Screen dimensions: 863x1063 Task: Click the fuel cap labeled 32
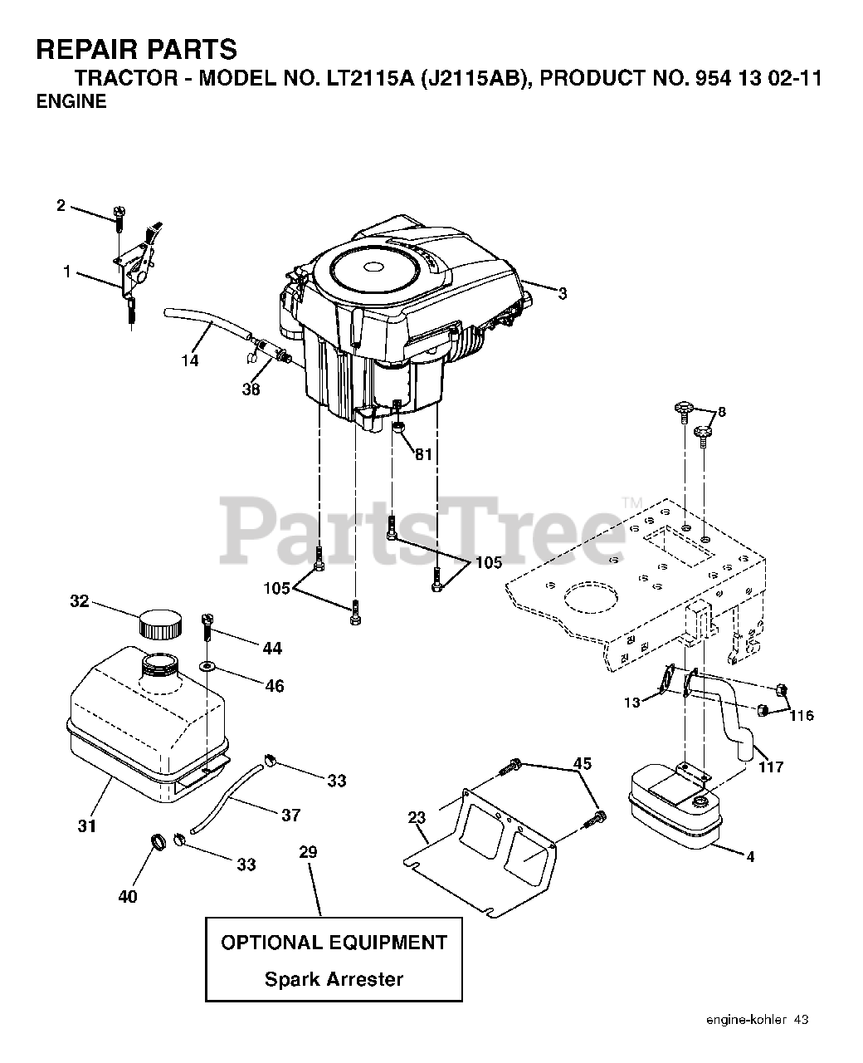tap(159, 624)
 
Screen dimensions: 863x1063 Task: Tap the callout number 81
tap(423, 454)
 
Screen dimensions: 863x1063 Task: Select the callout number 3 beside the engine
tap(563, 294)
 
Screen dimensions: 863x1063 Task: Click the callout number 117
tap(771, 767)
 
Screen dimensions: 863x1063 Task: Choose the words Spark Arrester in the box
tap(334, 979)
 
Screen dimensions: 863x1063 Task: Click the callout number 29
tap(308, 851)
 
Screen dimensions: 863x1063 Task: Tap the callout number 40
tap(128, 896)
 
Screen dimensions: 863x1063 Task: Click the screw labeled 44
tap(207, 629)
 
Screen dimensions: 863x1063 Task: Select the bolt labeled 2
tap(119, 218)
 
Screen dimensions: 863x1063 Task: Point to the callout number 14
tap(190, 360)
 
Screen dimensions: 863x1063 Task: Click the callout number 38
tap(251, 389)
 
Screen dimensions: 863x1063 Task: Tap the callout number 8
tap(722, 412)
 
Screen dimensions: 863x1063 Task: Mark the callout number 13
tap(631, 703)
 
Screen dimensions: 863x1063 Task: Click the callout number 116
tap(802, 716)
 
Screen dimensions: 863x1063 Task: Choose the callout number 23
tap(417, 817)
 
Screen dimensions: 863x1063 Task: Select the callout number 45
tap(583, 763)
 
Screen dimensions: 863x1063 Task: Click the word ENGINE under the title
tap(71, 101)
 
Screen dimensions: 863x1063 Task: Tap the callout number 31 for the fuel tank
tap(87, 826)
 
